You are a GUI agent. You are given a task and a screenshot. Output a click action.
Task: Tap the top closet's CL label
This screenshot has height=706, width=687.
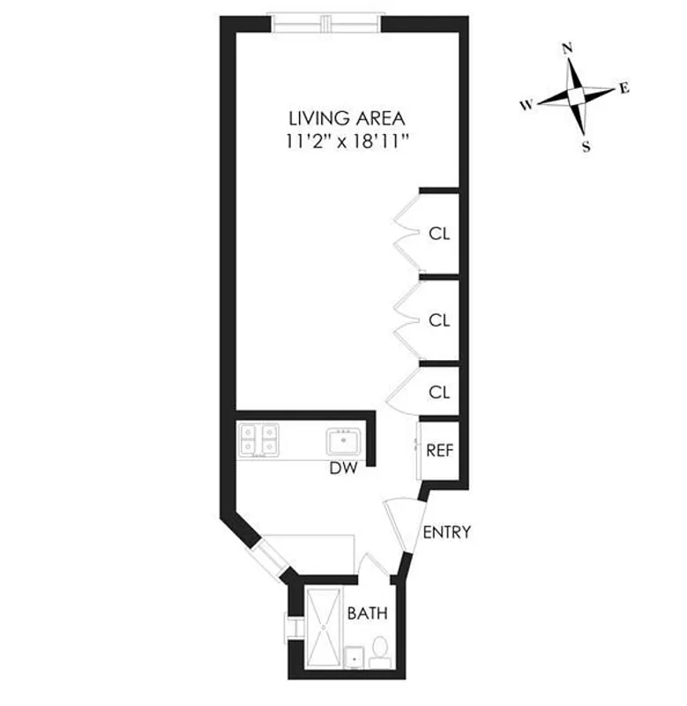click(439, 234)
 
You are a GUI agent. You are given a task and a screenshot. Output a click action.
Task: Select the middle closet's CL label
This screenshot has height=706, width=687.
click(439, 320)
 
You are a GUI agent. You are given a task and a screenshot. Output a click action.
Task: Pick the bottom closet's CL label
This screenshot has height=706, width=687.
click(439, 392)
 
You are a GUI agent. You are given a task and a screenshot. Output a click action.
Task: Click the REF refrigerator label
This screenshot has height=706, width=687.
click(439, 449)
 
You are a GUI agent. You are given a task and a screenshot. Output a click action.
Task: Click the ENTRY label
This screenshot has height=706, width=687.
click(446, 532)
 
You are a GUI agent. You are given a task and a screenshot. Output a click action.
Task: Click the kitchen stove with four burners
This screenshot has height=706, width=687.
click(258, 439)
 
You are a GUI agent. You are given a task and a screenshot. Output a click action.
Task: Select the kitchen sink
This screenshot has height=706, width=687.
click(341, 439)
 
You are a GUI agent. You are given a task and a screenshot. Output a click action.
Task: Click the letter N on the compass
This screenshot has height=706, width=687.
click(568, 49)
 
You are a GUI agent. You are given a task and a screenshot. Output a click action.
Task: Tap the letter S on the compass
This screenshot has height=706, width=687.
click(586, 147)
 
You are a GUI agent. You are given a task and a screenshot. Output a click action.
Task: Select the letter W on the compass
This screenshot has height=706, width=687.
click(526, 105)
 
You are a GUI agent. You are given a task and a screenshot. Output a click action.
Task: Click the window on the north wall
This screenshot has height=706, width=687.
click(326, 20)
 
